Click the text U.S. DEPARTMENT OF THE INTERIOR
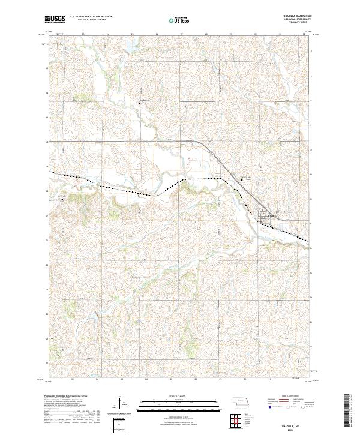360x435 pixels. pos(91,16)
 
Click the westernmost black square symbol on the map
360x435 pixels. pos(61,201)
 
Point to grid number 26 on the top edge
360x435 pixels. pos(157,34)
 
